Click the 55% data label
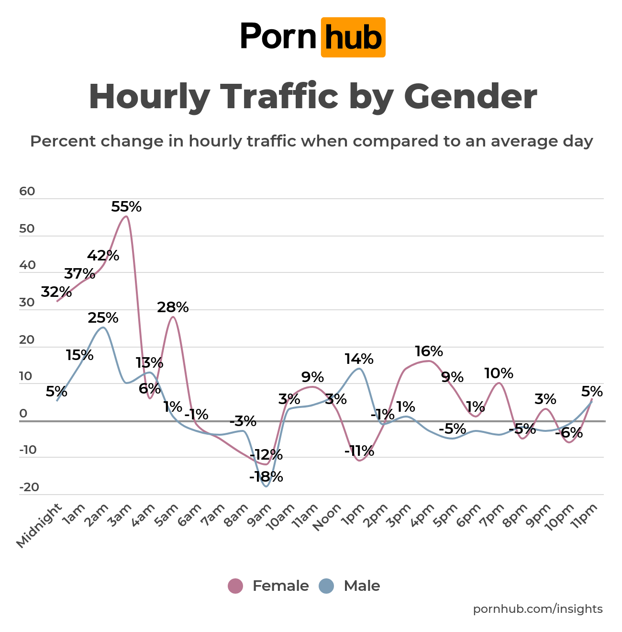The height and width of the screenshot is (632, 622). coord(126,207)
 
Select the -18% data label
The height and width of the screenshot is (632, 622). coord(266,477)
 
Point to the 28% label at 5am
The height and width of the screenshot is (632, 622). coord(173,307)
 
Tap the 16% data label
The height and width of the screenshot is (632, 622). coord(429,351)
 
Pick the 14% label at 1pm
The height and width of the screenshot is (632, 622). coord(359,359)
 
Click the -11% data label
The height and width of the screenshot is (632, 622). coord(359,451)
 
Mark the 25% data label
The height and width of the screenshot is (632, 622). coord(103,318)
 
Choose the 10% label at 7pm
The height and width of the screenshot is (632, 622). coord(499,373)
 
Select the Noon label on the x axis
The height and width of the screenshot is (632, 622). coord(328,518)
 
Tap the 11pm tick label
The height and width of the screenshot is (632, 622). coord(585,516)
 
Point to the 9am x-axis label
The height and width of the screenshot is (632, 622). coord(262,516)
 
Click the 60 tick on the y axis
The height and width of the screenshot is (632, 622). coord(27,192)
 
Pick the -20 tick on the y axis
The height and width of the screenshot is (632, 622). coord(29,487)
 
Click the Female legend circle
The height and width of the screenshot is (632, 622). coord(235,586)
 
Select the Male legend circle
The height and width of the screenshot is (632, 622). coord(326,586)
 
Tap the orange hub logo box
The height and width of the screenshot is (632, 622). coord(353,37)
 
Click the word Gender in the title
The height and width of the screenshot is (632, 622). coord(470,97)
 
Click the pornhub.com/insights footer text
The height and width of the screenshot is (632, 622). coord(538,609)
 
